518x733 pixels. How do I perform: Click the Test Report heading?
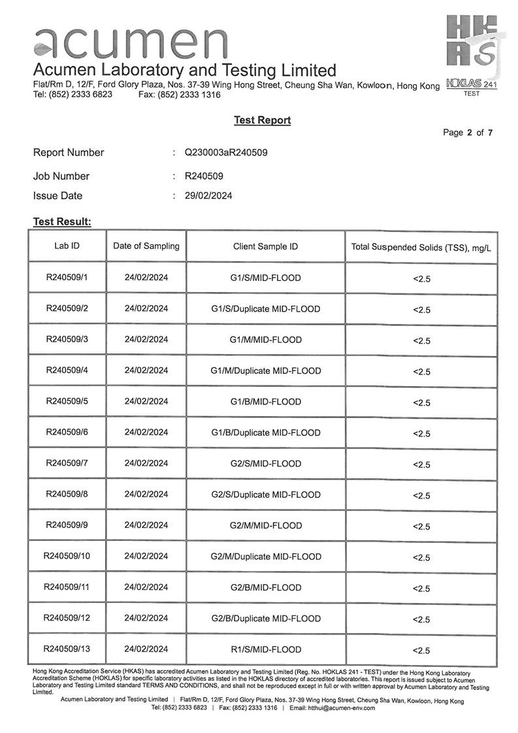click(x=262, y=120)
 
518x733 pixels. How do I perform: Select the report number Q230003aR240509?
click(x=226, y=153)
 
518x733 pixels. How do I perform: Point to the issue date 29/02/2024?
click(x=208, y=195)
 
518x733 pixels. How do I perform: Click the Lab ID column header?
click(x=67, y=246)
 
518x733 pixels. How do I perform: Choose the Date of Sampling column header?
click(x=146, y=246)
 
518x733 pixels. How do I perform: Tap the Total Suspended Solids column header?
click(x=421, y=248)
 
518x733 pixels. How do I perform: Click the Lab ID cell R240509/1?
click(x=67, y=278)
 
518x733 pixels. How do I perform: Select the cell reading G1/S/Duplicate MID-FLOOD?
click(x=265, y=309)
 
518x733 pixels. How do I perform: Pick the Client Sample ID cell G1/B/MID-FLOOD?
click(x=265, y=402)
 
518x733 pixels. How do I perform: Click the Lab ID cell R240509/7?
click(x=67, y=463)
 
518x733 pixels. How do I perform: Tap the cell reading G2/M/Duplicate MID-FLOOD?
click(x=266, y=557)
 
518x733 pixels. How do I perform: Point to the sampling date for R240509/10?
click(x=146, y=556)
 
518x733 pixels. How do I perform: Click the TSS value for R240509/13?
click(x=421, y=651)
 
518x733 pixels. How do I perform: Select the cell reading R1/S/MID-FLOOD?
click(x=265, y=649)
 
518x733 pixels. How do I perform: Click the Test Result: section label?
click(x=62, y=222)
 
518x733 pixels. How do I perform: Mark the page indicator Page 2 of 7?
click(x=468, y=133)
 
